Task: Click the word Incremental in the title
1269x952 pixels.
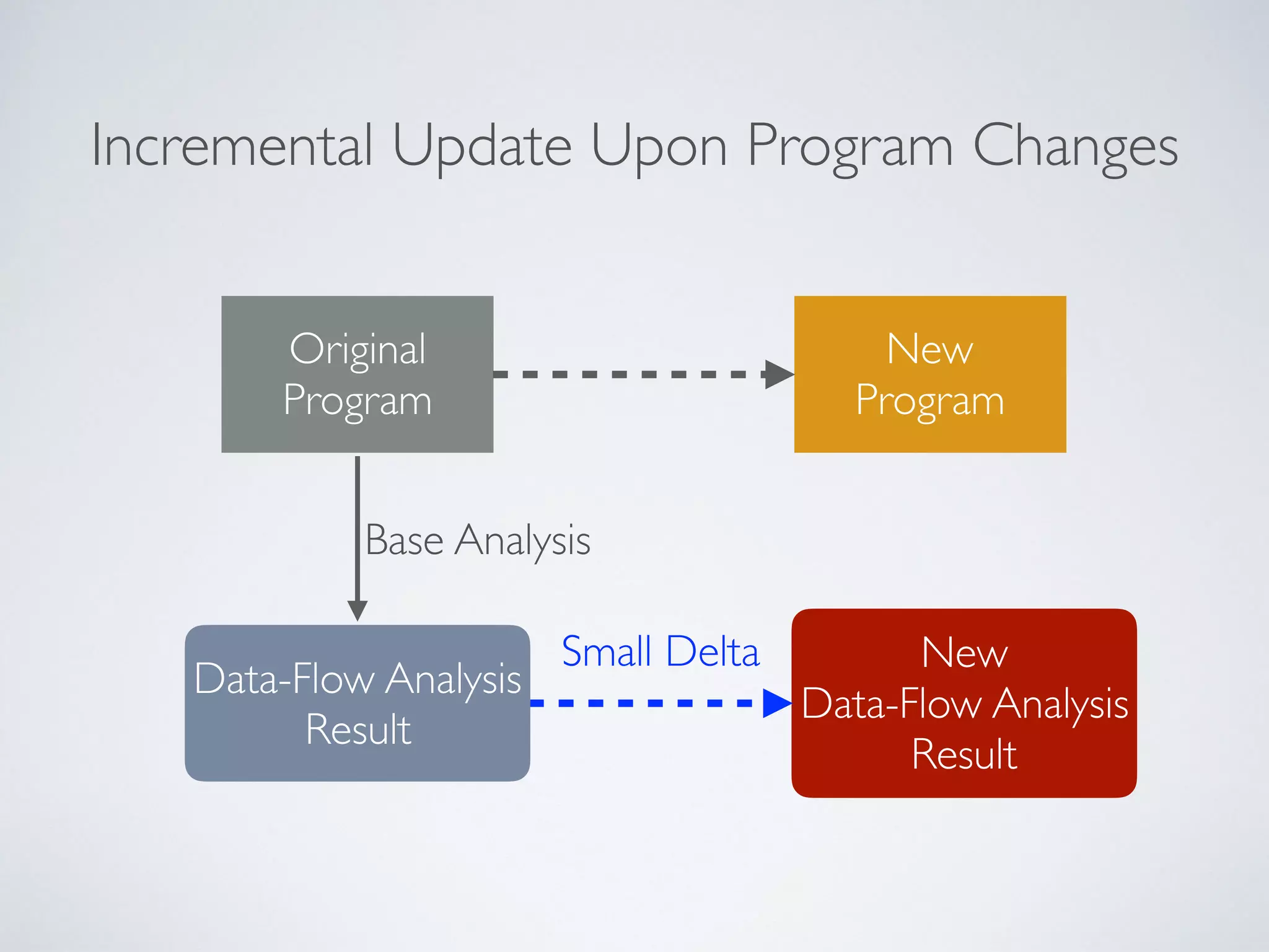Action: [x=232, y=146]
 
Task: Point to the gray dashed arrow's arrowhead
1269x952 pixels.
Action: [x=779, y=374]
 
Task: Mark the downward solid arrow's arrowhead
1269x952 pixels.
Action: [x=358, y=610]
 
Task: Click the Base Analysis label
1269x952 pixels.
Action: [x=477, y=540]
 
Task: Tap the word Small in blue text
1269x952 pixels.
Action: [x=606, y=651]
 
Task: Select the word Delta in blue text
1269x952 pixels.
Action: [x=713, y=651]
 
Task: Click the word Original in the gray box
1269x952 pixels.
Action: [x=358, y=349]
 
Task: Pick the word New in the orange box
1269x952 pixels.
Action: [x=929, y=349]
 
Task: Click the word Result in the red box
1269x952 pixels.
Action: [x=964, y=754]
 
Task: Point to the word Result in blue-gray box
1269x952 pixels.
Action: [x=358, y=729]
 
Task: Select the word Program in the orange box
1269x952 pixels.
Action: [x=929, y=400]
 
